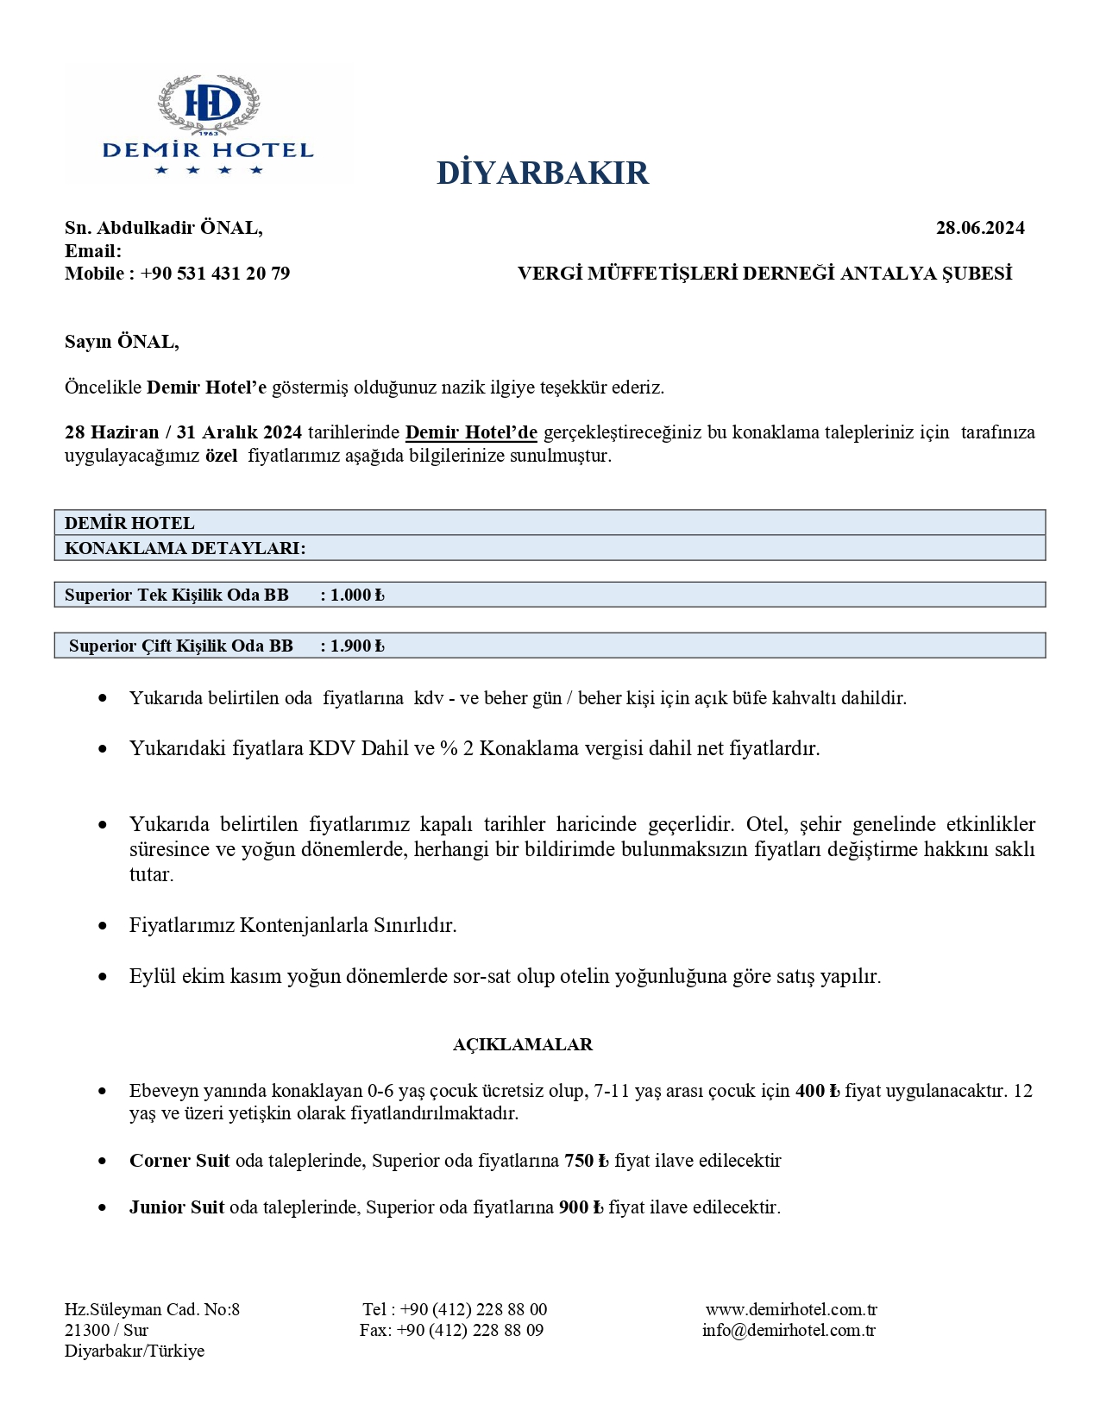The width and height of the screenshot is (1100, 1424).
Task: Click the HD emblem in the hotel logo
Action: point(208,103)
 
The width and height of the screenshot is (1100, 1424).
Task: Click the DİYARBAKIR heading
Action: point(543,173)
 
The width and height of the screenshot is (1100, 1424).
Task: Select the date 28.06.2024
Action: point(980,228)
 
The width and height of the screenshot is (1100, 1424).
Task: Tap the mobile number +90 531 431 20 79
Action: point(215,274)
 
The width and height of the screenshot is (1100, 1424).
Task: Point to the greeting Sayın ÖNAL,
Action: point(122,342)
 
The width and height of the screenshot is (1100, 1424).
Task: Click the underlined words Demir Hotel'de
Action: point(471,432)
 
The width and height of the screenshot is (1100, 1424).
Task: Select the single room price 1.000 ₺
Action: point(357,595)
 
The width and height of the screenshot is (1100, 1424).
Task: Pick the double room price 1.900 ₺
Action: point(357,646)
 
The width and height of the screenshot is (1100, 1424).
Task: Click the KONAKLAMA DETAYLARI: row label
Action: point(185,548)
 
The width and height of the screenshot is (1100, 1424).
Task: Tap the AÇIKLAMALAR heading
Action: point(523,1044)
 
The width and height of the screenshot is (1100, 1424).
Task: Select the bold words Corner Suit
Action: point(179,1161)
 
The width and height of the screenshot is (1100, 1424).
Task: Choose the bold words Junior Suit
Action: point(177,1207)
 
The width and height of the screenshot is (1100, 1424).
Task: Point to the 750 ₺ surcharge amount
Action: point(587,1161)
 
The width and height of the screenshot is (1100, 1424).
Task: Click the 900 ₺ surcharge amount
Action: point(581,1207)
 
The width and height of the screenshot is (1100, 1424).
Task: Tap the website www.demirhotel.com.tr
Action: point(791,1309)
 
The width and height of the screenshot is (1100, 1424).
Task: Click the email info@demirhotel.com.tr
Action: point(789,1330)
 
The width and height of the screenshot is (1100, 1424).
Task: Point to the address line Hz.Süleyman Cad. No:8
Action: point(152,1309)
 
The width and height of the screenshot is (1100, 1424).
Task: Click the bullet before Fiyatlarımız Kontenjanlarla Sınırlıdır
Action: point(104,925)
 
